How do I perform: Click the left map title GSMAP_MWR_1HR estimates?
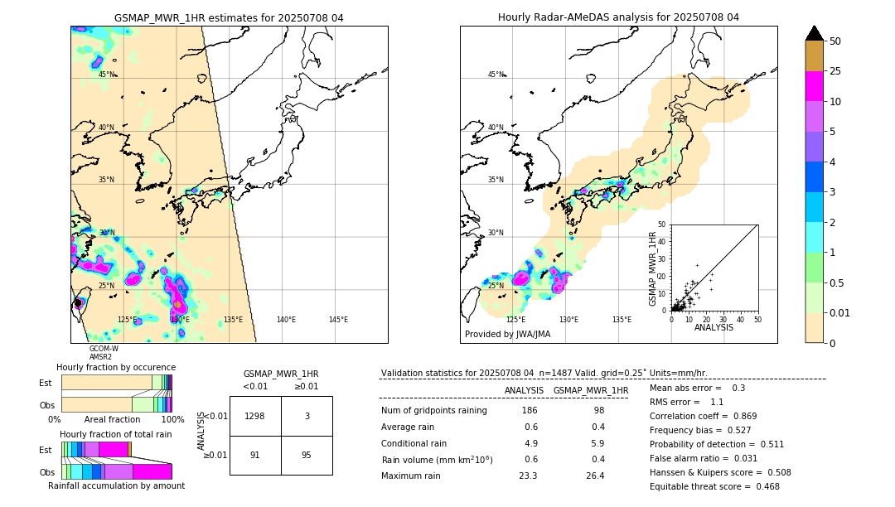point(229,17)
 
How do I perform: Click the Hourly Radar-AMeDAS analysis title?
point(618,17)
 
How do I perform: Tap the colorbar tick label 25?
point(835,71)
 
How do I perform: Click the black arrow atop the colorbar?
point(815,33)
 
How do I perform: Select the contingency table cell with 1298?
point(255,416)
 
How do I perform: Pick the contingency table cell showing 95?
point(307,455)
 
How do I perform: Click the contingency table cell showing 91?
point(255,455)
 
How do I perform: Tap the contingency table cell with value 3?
point(307,416)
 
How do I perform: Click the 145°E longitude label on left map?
point(338,320)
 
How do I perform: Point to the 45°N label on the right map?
point(496,75)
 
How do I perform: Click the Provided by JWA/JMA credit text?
point(507,334)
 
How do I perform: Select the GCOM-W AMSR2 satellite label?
point(104,353)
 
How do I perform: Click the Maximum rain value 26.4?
point(595,476)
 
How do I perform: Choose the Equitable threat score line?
point(714,486)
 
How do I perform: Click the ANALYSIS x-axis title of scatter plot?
point(714,327)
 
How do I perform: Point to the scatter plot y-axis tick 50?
point(661,225)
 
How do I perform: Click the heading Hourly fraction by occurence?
point(116,367)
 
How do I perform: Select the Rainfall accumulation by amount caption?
point(117,485)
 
